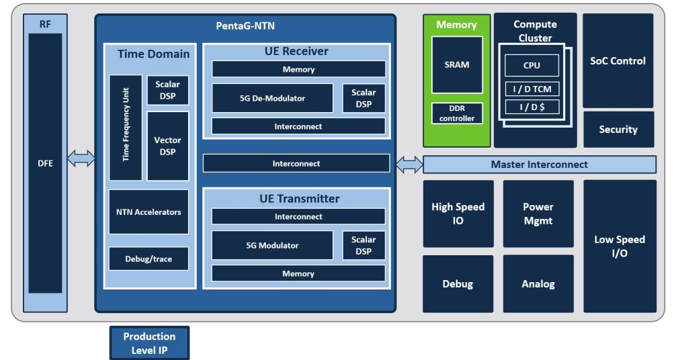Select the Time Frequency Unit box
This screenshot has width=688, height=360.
(126, 128)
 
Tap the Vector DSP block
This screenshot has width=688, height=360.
(168, 146)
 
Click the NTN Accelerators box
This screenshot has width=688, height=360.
(148, 212)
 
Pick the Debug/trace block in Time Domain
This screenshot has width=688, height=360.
(148, 259)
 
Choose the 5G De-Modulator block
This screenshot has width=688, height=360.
(272, 98)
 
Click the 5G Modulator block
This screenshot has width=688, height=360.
(272, 245)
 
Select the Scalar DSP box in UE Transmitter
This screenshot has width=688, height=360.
(363, 245)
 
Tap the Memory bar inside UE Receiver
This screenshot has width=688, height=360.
(298, 69)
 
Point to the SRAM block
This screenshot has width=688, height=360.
(457, 64)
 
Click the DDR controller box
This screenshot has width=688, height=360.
(457, 114)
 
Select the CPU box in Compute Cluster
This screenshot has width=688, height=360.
(531, 65)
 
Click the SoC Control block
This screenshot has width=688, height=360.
(617, 60)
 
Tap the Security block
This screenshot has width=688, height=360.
(617, 130)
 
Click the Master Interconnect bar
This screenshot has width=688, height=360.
(539, 165)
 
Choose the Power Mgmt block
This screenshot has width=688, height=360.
(538, 214)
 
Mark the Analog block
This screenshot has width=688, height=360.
(538, 283)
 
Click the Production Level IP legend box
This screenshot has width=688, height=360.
(149, 343)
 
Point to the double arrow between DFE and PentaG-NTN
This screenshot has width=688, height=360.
(81, 159)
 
